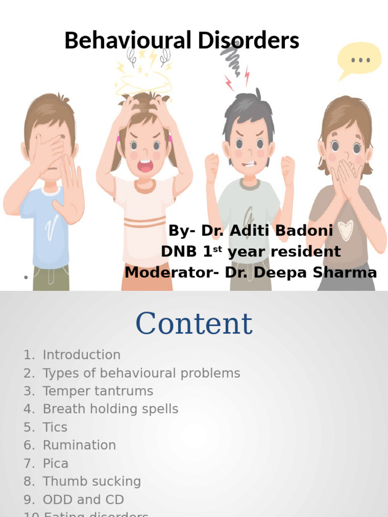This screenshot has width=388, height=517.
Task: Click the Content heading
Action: [194, 324]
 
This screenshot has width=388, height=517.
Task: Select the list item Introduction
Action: [81, 355]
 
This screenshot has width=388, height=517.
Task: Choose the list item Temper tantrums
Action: [98, 391]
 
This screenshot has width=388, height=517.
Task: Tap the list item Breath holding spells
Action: [110, 409]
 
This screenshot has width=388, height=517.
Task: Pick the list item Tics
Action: [55, 427]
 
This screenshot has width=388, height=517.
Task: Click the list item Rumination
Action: [79, 445]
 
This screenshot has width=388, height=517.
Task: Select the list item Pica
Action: [55, 463]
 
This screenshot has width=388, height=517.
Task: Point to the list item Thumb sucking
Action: [91, 482]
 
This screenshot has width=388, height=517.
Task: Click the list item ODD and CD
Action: [83, 500]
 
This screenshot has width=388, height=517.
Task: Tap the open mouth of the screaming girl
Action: [145, 166]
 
